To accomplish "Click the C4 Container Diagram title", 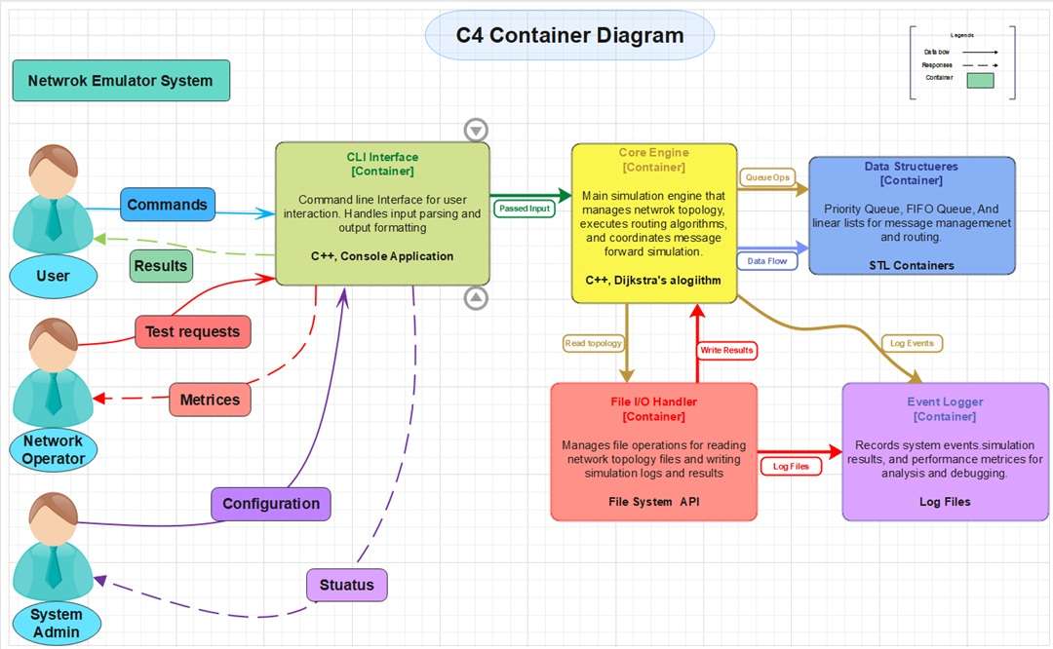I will coord(569,36).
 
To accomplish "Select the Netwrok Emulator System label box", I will coord(121,81).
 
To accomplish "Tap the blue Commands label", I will coord(168,205).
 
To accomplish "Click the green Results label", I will coord(161,265).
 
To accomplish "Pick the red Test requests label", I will coord(192,331).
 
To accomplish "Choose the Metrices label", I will coord(210,400).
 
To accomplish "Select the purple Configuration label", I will coord(271,504).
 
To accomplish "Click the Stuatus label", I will coord(347,585).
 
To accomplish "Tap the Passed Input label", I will coord(524,209).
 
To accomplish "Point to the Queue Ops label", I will coord(767,177).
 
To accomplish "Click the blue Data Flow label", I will coord(767,261).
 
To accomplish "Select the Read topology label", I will coord(593,343).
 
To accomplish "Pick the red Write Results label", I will coord(726,350).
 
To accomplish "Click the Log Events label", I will coord(913,343).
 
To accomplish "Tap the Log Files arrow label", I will coord(791,467).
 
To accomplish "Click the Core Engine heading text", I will coord(653,153).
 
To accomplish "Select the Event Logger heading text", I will coord(945,401).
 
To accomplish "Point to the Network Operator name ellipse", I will coord(54,450).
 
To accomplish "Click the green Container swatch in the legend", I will coord(980,81).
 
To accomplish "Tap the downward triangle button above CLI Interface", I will coord(475,130).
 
